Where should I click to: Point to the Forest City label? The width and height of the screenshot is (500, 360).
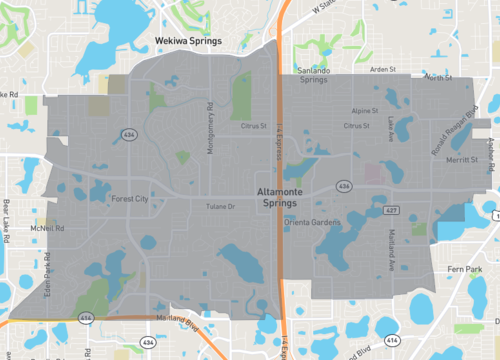point(129,198)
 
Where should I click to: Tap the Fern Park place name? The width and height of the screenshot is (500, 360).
point(465,268)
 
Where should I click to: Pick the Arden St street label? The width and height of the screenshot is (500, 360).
point(383,70)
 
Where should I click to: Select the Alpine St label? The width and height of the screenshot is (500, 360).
point(365,112)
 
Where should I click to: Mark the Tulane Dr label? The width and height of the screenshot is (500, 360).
point(220,207)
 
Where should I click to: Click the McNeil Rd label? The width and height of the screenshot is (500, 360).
point(47,227)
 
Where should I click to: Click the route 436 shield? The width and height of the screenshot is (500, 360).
point(343,186)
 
